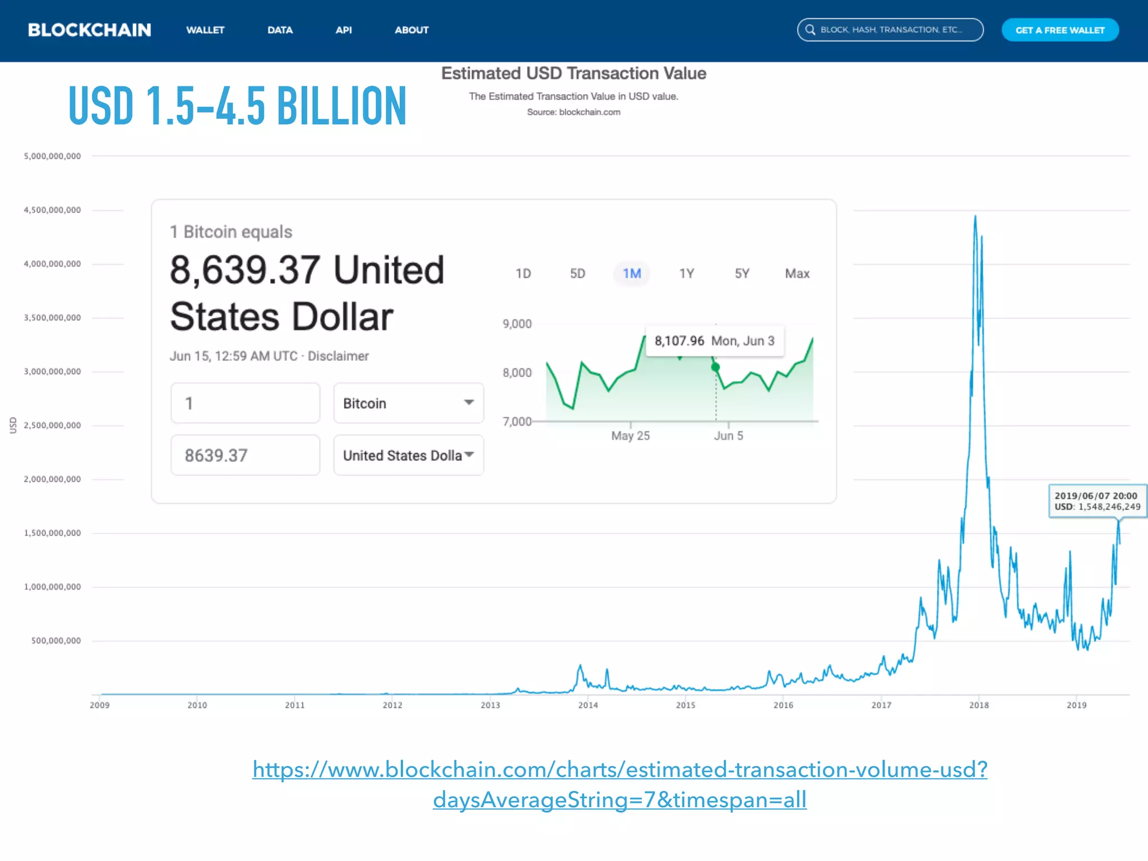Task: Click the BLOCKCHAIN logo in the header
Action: (90, 30)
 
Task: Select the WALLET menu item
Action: (205, 30)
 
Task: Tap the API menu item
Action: (344, 30)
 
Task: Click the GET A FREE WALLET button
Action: (1060, 30)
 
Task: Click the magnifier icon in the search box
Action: (810, 30)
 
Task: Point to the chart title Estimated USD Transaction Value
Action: (573, 73)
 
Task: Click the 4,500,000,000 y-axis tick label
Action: (52, 210)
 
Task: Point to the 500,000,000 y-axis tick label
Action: (56, 641)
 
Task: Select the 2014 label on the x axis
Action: (588, 705)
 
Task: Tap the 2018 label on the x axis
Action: (979, 705)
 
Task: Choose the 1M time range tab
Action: (632, 274)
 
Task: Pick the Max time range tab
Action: (797, 274)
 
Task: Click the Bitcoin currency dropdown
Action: (408, 403)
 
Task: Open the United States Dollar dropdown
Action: (408, 455)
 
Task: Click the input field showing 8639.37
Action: (245, 455)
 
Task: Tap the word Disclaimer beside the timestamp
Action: (338, 357)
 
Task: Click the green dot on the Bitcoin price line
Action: (716, 367)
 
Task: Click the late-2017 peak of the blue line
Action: (975, 216)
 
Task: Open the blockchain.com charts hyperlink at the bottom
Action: (619, 784)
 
